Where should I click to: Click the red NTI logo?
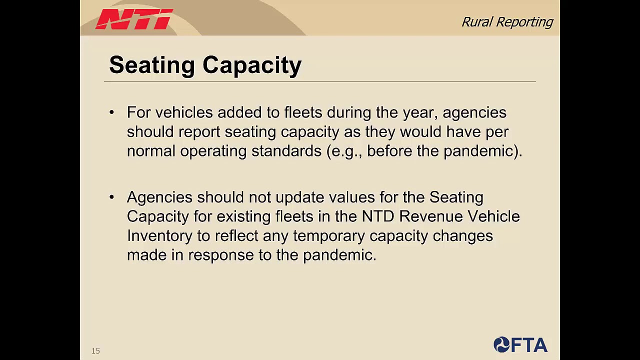[x=134, y=19]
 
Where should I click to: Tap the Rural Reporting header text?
[x=507, y=22]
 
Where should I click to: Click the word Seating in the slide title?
[x=151, y=65]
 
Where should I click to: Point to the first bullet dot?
[x=111, y=112]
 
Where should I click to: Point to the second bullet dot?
[x=111, y=197]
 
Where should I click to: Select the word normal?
[x=151, y=151]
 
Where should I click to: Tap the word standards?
[x=286, y=151]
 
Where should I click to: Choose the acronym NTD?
[x=378, y=216]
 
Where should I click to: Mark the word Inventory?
[x=159, y=236]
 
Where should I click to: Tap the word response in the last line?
[x=220, y=255]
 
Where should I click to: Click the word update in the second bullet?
[x=299, y=197]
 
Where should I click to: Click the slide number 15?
[x=95, y=351]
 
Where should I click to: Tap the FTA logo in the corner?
[x=520, y=345]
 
